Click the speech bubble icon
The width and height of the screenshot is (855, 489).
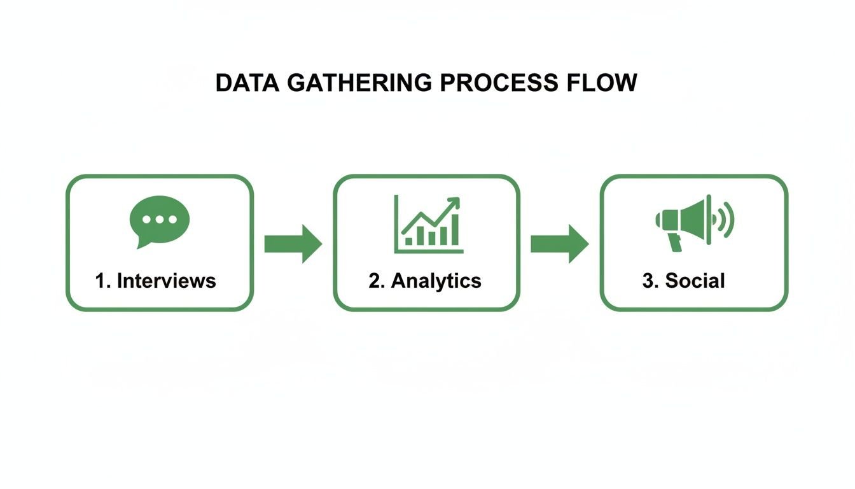(x=159, y=220)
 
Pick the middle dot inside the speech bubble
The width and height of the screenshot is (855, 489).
(x=159, y=219)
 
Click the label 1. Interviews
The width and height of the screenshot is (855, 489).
(x=156, y=281)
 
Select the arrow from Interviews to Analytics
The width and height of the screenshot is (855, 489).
(x=293, y=243)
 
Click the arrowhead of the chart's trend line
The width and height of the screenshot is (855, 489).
(x=454, y=202)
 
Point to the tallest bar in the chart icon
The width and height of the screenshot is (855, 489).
(x=454, y=230)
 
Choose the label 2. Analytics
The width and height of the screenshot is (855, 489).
(x=425, y=281)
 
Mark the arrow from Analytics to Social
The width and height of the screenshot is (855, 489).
(x=560, y=243)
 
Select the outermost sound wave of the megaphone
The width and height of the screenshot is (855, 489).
(x=729, y=220)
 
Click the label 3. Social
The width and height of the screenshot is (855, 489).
(x=684, y=281)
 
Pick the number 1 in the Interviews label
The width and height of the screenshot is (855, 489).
(x=100, y=281)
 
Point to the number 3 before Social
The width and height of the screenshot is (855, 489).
(x=648, y=281)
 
